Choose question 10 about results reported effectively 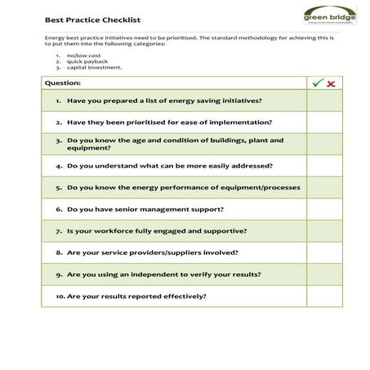131,296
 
